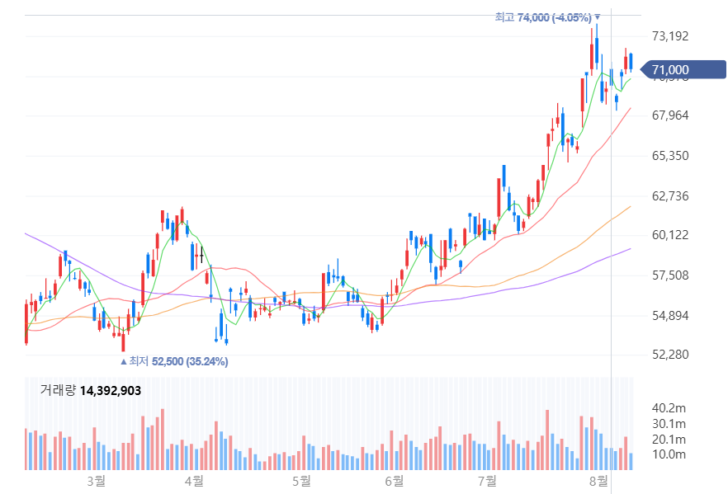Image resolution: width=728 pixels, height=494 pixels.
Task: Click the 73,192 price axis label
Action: [669, 36]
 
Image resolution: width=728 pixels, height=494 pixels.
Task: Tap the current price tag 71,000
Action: [669, 70]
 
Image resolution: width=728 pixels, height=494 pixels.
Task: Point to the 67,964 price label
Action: [669, 115]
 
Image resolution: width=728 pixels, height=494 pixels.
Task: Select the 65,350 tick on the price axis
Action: [669, 156]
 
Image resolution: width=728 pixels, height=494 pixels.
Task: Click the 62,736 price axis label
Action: [669, 196]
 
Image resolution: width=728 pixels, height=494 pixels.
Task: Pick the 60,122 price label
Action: [669, 236]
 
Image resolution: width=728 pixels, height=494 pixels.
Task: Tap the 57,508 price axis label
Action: [669, 275]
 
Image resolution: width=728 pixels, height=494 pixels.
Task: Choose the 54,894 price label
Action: [669, 316]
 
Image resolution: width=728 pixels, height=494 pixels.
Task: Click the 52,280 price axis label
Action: [669, 355]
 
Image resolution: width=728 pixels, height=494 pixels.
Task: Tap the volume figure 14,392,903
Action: [111, 390]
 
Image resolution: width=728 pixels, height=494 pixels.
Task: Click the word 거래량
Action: [58, 390]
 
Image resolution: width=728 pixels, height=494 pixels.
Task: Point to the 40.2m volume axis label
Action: [669, 408]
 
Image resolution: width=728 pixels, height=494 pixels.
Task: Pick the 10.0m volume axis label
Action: [669, 455]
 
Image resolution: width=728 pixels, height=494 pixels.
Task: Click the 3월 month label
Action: [97, 480]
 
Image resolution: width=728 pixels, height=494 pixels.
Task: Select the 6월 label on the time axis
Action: [394, 480]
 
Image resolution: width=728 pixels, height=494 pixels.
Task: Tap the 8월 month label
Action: [598, 480]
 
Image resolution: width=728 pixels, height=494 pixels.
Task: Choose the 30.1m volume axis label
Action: [669, 424]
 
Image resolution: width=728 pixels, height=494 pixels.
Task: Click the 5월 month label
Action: [300, 480]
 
